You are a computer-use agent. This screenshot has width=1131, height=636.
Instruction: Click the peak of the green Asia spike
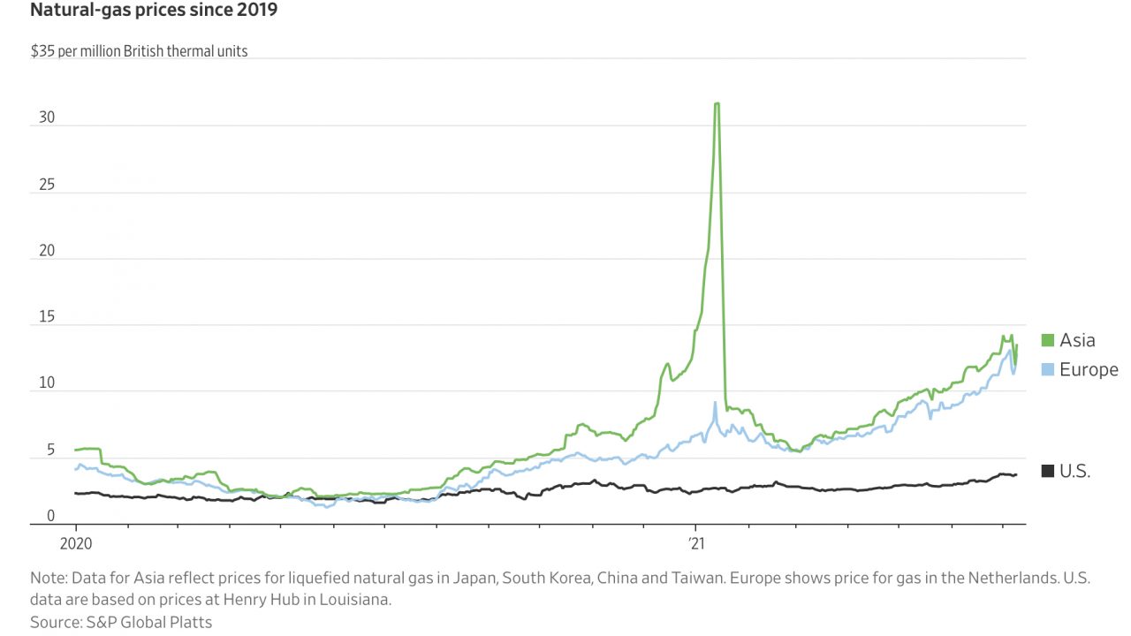pyautogui.click(x=717, y=103)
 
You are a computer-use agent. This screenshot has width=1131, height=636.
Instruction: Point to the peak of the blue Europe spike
pyautogui.click(x=714, y=403)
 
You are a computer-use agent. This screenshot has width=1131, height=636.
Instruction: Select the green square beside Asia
pyautogui.click(x=1048, y=340)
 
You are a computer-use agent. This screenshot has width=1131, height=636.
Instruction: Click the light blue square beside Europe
pyautogui.click(x=1048, y=369)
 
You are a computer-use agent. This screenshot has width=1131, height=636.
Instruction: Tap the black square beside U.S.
pyautogui.click(x=1048, y=471)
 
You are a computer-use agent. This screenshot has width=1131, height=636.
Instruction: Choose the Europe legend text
pyautogui.click(x=1089, y=369)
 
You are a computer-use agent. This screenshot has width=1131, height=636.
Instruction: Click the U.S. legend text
pyautogui.click(x=1074, y=471)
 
